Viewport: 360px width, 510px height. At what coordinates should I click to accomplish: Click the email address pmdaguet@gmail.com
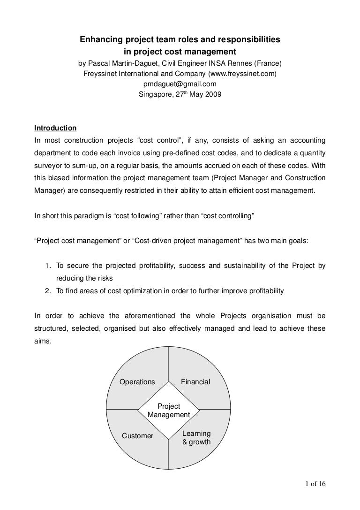click(x=180, y=84)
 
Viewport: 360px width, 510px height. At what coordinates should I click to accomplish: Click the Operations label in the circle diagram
click(x=137, y=382)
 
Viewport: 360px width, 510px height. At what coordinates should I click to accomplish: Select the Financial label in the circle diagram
click(x=195, y=382)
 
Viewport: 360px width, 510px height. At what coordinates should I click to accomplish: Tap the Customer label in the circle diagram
click(x=137, y=436)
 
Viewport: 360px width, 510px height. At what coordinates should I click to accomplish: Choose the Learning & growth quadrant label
click(x=196, y=438)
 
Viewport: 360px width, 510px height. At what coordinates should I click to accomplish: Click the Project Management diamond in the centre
click(x=168, y=411)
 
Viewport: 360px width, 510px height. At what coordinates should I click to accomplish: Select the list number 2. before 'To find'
click(x=48, y=291)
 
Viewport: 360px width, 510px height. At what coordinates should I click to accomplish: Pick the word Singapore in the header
click(x=155, y=94)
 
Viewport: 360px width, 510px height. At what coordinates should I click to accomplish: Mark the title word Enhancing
click(x=99, y=41)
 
